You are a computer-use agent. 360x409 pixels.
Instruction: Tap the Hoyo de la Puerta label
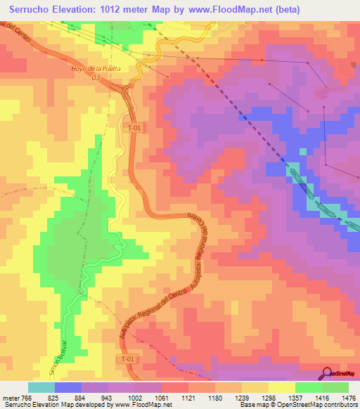pos(96,68)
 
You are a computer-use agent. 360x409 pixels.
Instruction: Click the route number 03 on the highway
pos(96,78)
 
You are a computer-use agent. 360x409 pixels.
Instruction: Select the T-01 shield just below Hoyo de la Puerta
pos(134,128)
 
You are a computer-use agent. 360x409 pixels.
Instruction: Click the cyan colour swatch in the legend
pos(41,387)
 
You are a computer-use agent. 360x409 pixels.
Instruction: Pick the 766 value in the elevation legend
pos(25,398)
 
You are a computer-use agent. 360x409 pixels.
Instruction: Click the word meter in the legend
pos(10,398)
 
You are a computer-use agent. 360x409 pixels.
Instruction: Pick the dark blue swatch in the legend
pos(68,387)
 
